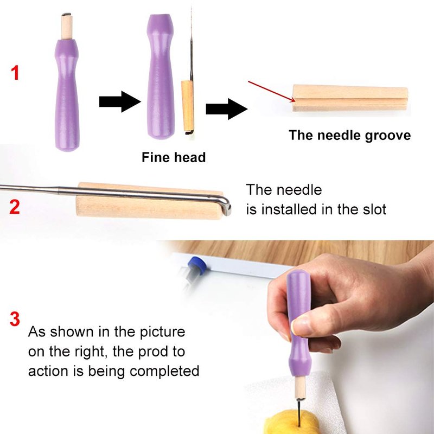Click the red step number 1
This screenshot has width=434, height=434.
pyautogui.click(x=15, y=73)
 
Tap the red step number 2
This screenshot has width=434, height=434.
pyautogui.click(x=15, y=207)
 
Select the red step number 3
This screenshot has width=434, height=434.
pyautogui.click(x=15, y=319)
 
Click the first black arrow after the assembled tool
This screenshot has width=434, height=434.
pyautogui.click(x=120, y=101)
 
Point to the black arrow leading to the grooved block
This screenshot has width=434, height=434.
pyautogui.click(x=226, y=109)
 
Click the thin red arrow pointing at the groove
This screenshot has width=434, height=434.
pyautogui.click(x=272, y=91)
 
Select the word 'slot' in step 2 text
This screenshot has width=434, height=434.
pyautogui.click(x=374, y=209)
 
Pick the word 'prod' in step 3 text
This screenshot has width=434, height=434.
pyautogui.click(x=151, y=352)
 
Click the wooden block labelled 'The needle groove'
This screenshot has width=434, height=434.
pyautogui.click(x=350, y=98)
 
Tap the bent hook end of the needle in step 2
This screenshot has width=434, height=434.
pyautogui.click(x=226, y=206)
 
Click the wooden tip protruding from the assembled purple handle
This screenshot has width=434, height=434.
pyautogui.click(x=66, y=27)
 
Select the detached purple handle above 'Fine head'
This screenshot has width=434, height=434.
pyautogui.click(x=161, y=76)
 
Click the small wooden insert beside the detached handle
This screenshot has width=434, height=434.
pyautogui.click(x=187, y=106)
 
